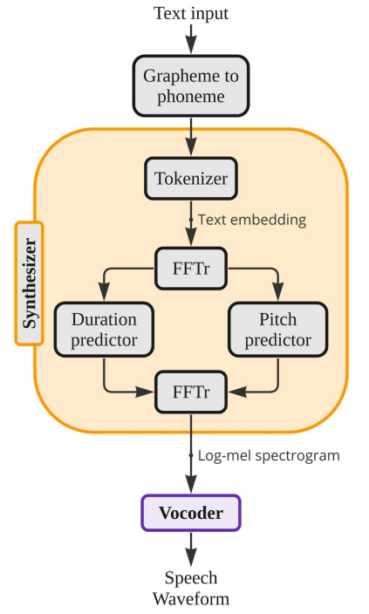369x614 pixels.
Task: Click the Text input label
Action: coord(191,13)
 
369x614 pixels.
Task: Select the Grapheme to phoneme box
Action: coord(191,85)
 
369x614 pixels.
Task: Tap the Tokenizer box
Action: coord(191,179)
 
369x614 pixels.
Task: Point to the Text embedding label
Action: coord(252,220)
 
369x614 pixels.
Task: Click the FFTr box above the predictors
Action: coord(191,269)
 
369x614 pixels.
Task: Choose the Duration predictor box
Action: coord(104,330)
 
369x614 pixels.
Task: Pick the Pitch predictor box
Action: coord(277,330)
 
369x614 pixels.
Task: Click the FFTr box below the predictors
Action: coord(191,392)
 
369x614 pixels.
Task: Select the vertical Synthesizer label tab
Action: coord(30,283)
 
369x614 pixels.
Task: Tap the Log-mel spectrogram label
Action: coord(269,456)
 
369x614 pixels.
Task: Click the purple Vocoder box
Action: coord(191,513)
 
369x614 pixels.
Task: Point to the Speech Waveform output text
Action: coord(191,588)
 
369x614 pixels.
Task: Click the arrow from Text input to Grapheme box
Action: coord(191,38)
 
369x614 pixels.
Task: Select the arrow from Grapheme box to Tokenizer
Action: coord(191,137)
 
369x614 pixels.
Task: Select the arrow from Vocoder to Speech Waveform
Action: coord(191,549)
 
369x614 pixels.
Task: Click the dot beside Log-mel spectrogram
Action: coord(191,455)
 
